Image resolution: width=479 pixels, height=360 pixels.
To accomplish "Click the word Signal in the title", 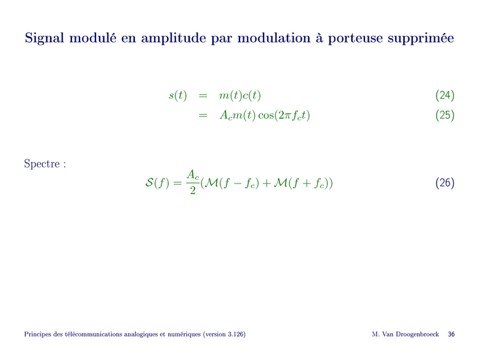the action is pyautogui.click(x=44, y=39).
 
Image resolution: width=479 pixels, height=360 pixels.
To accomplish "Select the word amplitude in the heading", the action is pyautogui.click(x=173, y=39).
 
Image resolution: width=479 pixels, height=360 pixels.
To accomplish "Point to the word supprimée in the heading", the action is pyautogui.click(x=421, y=39).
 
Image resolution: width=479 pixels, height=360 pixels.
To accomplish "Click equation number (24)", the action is pyautogui.click(x=445, y=95).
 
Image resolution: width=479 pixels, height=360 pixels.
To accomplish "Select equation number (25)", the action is pyautogui.click(x=445, y=115).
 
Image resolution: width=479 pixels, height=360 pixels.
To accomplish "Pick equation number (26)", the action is pyautogui.click(x=445, y=183).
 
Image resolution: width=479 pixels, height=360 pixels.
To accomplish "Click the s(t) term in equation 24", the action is pyautogui.click(x=178, y=95).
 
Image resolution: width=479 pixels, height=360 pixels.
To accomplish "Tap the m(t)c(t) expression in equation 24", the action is pyautogui.click(x=240, y=95).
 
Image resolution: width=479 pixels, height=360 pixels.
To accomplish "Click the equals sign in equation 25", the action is pyautogui.click(x=203, y=116).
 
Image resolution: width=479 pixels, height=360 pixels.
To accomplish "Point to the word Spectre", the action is pyautogui.click(x=42, y=164).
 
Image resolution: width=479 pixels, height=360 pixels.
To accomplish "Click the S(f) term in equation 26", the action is pyautogui.click(x=157, y=183).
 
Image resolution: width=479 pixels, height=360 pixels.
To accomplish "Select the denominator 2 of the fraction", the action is pyautogui.click(x=193, y=190).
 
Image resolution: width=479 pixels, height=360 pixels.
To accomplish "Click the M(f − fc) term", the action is pyautogui.click(x=232, y=183).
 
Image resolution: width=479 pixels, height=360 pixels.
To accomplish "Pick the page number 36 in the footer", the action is pyautogui.click(x=451, y=334).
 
